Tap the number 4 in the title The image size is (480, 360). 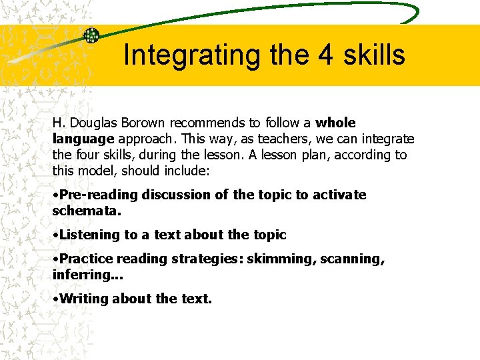pos(325,55)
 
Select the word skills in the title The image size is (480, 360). pos(374,55)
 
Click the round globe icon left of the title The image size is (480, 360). pos(91,35)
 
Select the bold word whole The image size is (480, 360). pos(335,123)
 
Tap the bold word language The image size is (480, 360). pos(83,139)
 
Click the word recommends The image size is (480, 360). pos(207,123)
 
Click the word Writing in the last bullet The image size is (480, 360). pos(83,299)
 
